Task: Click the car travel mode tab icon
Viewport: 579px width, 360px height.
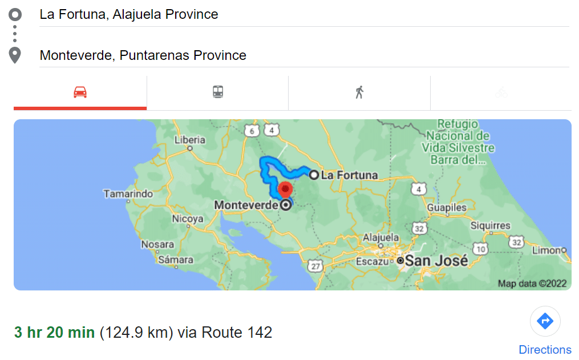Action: pyautogui.click(x=80, y=92)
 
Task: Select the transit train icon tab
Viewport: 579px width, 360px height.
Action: pyautogui.click(x=218, y=92)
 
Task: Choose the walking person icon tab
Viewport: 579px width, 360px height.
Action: pyautogui.click(x=359, y=92)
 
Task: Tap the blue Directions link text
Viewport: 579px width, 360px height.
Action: pyautogui.click(x=545, y=350)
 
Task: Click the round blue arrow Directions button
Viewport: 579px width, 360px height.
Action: pyautogui.click(x=545, y=321)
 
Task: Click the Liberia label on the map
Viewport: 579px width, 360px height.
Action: pyautogui.click(x=190, y=140)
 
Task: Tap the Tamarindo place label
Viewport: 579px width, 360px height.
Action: pyautogui.click(x=128, y=194)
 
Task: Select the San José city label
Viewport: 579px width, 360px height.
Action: pyautogui.click(x=436, y=261)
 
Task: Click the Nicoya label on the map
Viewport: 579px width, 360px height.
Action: pyautogui.click(x=188, y=219)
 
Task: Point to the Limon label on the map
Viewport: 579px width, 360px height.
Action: pyautogui.click(x=546, y=250)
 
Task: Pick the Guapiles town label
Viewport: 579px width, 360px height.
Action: pyautogui.click(x=447, y=208)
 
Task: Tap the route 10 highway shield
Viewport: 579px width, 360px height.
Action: pyautogui.click(x=481, y=249)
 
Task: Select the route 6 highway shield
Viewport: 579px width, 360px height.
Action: pyautogui.click(x=251, y=131)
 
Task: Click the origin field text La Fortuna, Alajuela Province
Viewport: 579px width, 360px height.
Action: pyautogui.click(x=129, y=14)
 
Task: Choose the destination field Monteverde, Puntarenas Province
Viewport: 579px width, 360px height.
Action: pyautogui.click(x=143, y=55)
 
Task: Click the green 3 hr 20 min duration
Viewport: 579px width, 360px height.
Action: pyautogui.click(x=54, y=332)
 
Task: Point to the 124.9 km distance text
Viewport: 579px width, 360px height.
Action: pyautogui.click(x=136, y=332)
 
